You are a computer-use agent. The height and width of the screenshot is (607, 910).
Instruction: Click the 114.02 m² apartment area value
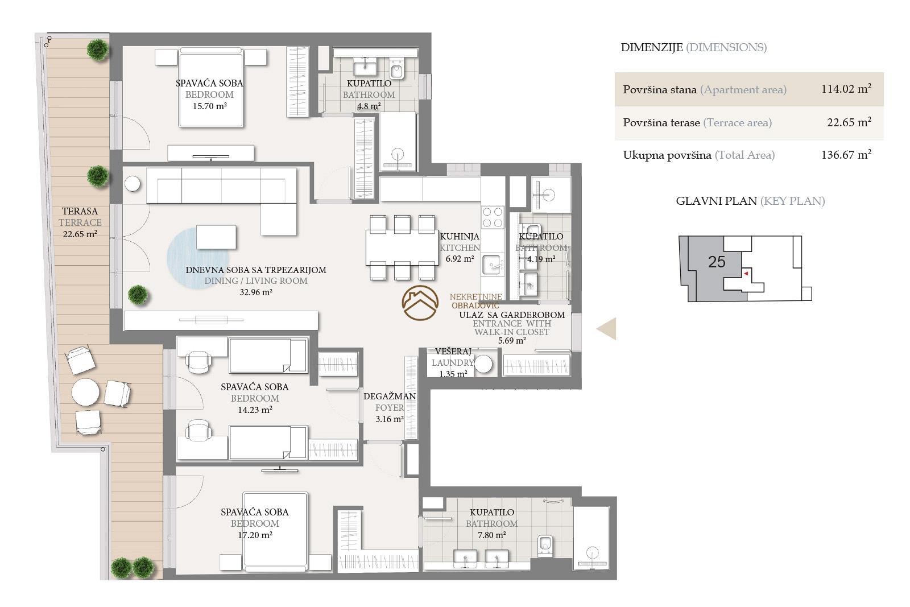pyautogui.click(x=846, y=89)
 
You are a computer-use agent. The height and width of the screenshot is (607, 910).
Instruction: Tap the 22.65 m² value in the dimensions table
pyautogui.click(x=849, y=122)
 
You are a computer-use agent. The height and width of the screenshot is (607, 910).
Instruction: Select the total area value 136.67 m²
pyautogui.click(x=846, y=154)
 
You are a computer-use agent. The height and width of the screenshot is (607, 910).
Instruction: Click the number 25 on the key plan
pyautogui.click(x=716, y=262)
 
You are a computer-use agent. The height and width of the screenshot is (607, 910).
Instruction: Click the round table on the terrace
pyautogui.click(x=85, y=392)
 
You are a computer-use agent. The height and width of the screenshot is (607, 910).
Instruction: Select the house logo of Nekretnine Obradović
pyautogui.click(x=420, y=303)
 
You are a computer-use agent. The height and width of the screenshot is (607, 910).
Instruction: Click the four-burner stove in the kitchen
pyautogui.click(x=493, y=217)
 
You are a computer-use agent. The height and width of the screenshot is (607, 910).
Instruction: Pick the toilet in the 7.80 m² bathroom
pyautogui.click(x=545, y=546)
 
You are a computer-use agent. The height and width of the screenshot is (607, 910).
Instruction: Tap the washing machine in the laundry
pyautogui.click(x=483, y=364)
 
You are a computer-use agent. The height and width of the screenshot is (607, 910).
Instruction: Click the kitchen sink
pyautogui.click(x=493, y=265)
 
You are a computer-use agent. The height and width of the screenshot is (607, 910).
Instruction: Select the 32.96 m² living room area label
pyautogui.click(x=255, y=292)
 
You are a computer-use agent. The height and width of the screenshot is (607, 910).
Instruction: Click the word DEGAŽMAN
pyautogui.click(x=389, y=396)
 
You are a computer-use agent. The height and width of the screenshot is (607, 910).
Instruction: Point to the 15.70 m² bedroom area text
pyautogui.click(x=210, y=106)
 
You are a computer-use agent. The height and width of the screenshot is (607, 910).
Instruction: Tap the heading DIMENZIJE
pyautogui.click(x=652, y=48)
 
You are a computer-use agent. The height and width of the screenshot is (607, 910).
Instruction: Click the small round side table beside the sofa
pyautogui.click(x=133, y=184)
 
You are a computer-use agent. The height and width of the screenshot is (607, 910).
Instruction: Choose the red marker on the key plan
pyautogui.click(x=746, y=274)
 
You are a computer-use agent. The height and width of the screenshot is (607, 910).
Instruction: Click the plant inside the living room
pyautogui.click(x=138, y=295)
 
